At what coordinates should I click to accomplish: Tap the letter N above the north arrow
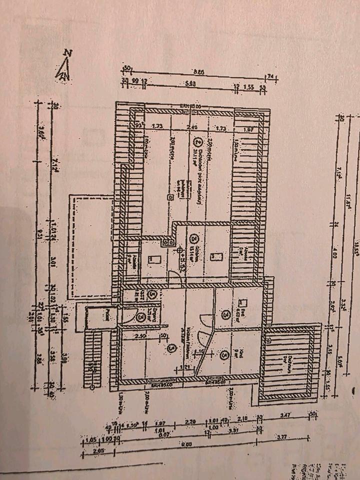(x=67, y=52)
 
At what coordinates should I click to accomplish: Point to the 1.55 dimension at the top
(x=248, y=87)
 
